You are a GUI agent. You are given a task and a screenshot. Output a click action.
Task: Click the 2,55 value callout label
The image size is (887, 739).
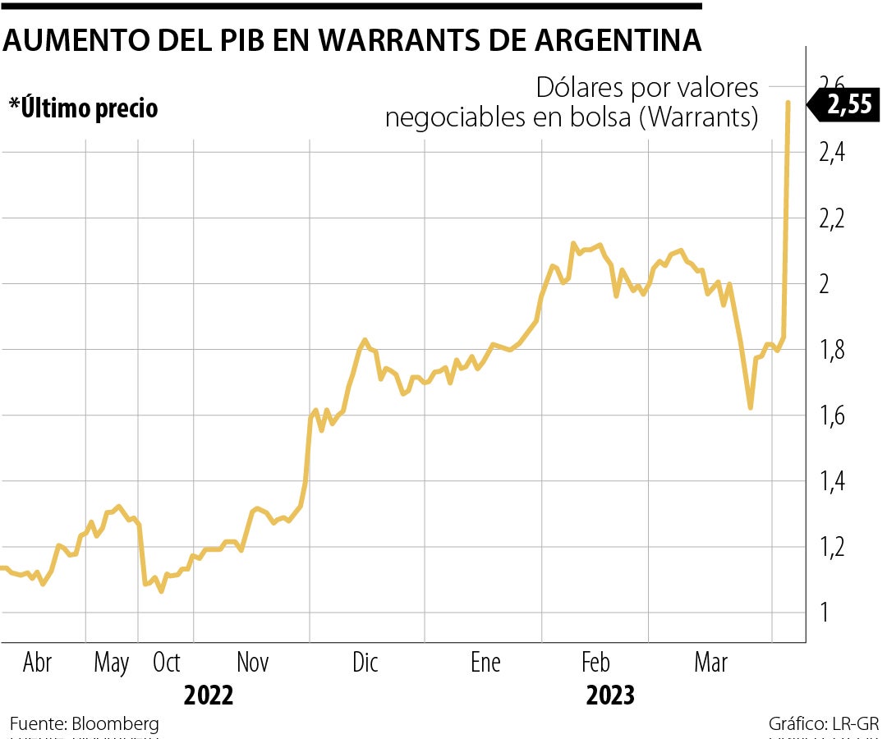pyautogui.click(x=848, y=105)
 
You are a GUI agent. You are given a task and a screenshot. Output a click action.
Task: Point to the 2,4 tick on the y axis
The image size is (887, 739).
pyautogui.click(x=836, y=154)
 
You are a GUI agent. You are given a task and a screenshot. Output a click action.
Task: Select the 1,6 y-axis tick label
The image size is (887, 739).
pyautogui.click(x=836, y=416)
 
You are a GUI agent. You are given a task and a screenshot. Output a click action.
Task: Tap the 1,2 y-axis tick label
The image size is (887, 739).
pyautogui.click(x=836, y=548)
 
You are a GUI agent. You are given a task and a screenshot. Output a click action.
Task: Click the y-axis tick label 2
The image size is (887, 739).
pyautogui.click(x=826, y=285)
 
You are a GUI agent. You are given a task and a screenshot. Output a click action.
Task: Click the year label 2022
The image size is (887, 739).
pyautogui.click(x=208, y=696)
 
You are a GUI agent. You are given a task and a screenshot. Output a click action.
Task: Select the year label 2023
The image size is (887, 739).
pyautogui.click(x=610, y=696)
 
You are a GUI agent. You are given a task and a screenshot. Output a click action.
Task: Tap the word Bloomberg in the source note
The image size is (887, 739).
pyautogui.click(x=115, y=724)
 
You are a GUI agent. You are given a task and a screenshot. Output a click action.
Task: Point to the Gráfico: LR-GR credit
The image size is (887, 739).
pyautogui.click(x=824, y=724)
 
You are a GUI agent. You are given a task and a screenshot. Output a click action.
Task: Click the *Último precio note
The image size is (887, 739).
pyautogui.click(x=83, y=108)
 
